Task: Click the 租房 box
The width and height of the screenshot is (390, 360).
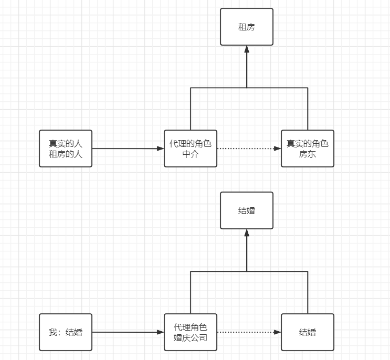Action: (247, 27)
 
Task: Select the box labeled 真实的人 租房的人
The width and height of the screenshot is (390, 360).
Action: (66, 149)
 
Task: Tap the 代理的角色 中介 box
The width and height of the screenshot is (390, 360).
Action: (191, 149)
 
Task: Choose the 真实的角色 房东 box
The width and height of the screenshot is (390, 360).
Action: (308, 149)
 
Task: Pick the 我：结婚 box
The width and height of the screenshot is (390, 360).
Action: (66, 332)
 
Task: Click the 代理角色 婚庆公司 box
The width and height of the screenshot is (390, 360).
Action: (191, 332)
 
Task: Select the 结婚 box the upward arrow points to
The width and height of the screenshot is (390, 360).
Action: (247, 210)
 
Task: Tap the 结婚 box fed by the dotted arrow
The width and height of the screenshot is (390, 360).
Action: (308, 332)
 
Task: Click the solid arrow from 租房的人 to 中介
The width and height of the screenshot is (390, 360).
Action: (126, 149)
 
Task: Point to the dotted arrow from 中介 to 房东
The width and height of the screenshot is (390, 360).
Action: (247, 149)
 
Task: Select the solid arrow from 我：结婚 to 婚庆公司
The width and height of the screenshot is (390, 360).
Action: (126, 332)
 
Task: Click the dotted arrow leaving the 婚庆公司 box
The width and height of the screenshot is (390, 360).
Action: (247, 332)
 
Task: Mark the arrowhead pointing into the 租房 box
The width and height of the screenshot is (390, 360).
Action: (247, 49)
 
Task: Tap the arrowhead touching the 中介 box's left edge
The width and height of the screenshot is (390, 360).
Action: (161, 149)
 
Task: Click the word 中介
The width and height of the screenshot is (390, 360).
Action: (191, 154)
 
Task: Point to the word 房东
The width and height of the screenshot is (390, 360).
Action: (308, 154)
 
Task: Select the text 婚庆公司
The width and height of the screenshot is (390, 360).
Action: (191, 338)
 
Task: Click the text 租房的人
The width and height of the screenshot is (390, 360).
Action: (66, 154)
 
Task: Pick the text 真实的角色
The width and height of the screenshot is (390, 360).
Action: (308, 143)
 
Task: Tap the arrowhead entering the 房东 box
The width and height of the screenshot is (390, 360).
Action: (278, 149)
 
